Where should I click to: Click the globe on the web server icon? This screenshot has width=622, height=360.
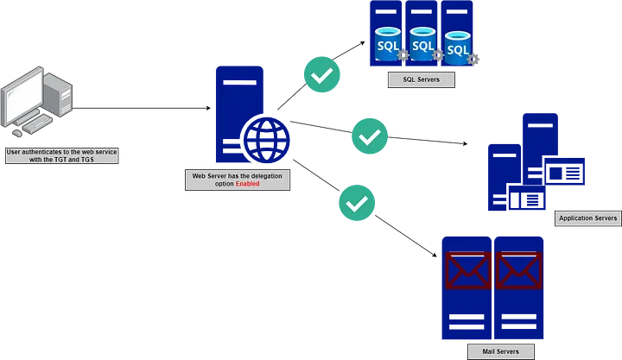(x=266, y=139)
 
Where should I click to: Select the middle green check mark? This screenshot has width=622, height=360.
(x=371, y=135)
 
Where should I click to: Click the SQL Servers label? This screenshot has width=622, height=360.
(x=422, y=80)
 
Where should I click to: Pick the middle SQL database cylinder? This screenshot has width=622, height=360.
(x=422, y=43)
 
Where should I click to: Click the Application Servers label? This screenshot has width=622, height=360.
(x=587, y=218)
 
